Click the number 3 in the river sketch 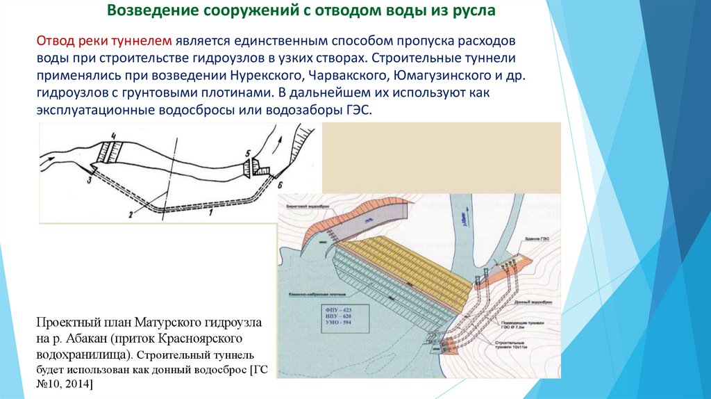pyautogui.click(x=89, y=180)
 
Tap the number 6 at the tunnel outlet pyautogui.click(x=280, y=186)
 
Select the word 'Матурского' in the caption pyautogui.click(x=167, y=324)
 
